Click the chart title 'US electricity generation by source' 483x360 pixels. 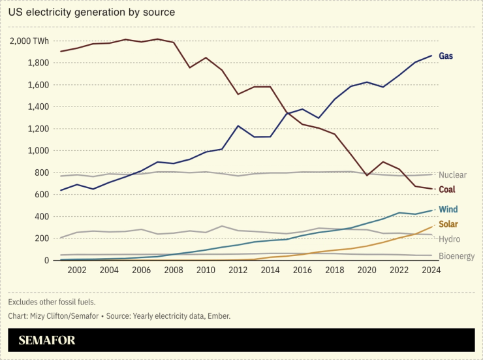tap(91, 12)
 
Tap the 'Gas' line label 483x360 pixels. tap(446, 56)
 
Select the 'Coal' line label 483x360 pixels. tap(447, 189)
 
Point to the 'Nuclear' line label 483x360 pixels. tap(452, 175)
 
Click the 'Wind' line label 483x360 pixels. tap(448, 210)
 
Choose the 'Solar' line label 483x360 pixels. tap(448, 225)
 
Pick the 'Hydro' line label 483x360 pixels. tap(449, 240)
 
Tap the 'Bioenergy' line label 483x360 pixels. tap(456, 256)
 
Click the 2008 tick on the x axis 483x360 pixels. tap(173, 270)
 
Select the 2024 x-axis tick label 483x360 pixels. tap(431, 270)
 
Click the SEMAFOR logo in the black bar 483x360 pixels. tap(46, 340)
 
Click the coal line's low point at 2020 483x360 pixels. tap(367, 176)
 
